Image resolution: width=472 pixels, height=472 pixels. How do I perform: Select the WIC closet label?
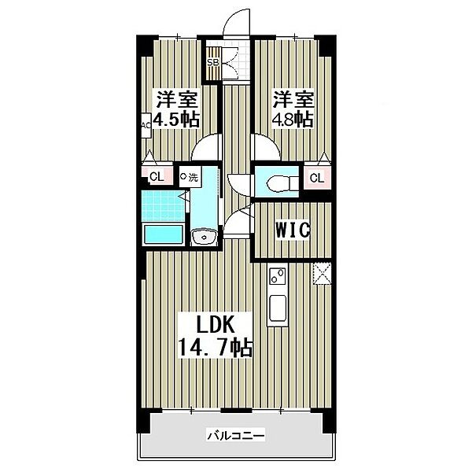[293, 230]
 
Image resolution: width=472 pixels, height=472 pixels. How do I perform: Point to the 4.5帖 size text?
[177, 120]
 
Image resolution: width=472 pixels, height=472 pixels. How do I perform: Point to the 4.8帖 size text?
[293, 120]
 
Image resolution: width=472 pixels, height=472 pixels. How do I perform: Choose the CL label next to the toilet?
[315, 178]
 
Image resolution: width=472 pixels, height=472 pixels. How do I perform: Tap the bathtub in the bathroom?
[163, 234]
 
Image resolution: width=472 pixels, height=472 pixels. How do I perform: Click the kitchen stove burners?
[277, 275]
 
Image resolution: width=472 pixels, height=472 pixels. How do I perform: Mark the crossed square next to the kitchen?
[321, 272]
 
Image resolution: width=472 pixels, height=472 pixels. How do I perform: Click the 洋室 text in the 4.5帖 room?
[176, 100]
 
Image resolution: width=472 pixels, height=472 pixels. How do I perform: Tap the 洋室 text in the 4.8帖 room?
[292, 100]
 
